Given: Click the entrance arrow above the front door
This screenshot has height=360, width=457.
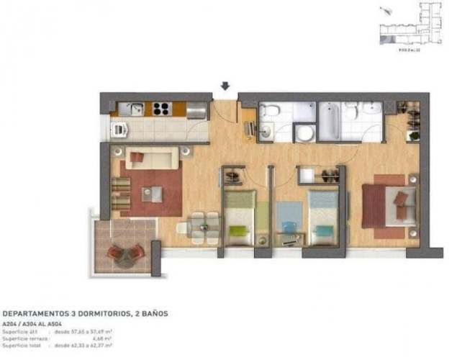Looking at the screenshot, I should coord(225,86).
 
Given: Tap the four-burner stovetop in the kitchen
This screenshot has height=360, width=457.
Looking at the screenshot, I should coord(160,109).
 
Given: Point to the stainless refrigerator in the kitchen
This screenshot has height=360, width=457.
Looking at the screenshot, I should coord(196,110).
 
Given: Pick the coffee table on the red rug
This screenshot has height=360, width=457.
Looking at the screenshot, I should coord(152,193).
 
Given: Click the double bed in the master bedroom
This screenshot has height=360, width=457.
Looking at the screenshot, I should coord(388,207).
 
